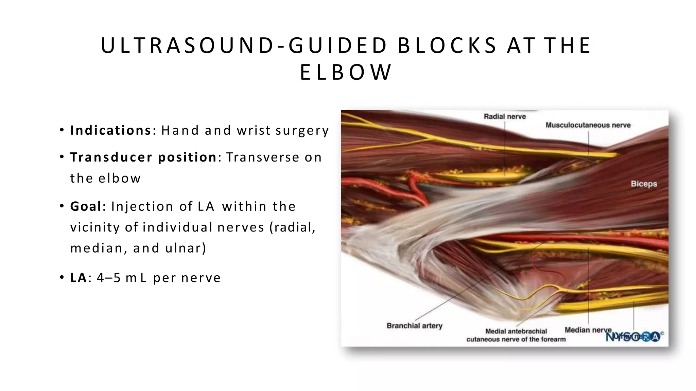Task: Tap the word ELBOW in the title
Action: click(x=346, y=73)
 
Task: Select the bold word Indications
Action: click(x=110, y=130)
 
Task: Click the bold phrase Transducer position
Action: click(x=143, y=157)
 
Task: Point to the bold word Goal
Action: click(x=86, y=206)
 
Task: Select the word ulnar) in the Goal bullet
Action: click(x=186, y=248)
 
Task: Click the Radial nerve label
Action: click(x=505, y=117)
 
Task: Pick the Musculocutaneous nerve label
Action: click(x=588, y=125)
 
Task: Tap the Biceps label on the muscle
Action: click(x=644, y=184)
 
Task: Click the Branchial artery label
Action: click(x=414, y=326)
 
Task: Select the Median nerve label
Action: click(x=587, y=330)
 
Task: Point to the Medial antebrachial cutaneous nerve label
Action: click(x=516, y=335)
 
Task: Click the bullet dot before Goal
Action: click(x=62, y=206)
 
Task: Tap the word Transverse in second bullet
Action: click(x=262, y=157)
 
